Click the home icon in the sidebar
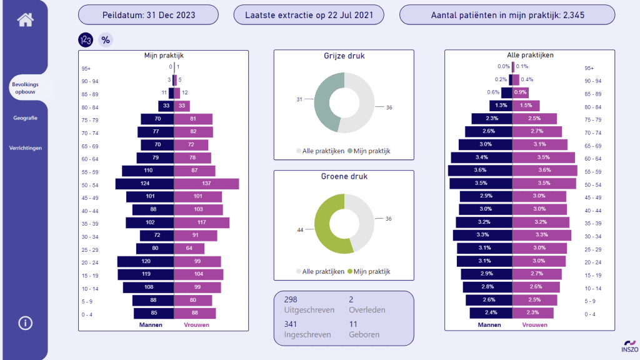pos(25,19)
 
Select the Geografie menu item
pos(25,118)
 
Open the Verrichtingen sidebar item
pos(25,147)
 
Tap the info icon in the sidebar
pos(25,323)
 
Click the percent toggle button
pos(106,40)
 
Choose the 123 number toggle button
pos(86,40)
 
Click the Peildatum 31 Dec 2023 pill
pos(149,15)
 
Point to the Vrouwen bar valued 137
pos(206,184)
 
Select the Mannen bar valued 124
pos(145,184)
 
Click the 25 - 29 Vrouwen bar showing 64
pos(189,248)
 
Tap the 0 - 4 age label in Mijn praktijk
pos(87,315)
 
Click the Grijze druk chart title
pos(344,56)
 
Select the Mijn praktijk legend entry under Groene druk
pos(369,271)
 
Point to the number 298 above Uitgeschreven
pos(291,299)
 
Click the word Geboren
pos(364,335)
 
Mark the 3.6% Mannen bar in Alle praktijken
pos(481,170)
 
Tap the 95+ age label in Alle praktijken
pos(589,68)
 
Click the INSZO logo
pos(630,346)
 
